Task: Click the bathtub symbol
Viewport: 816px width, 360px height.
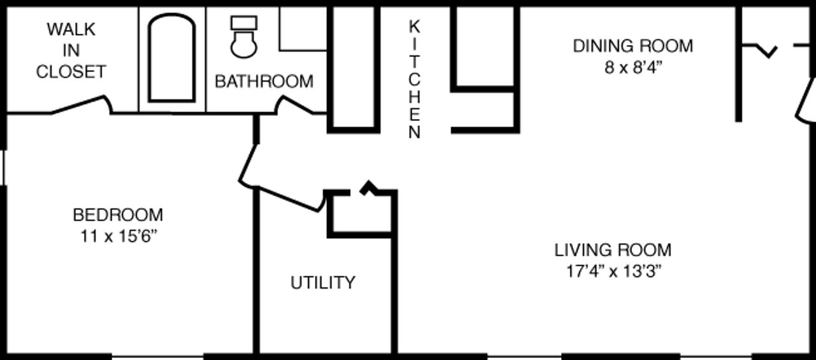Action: pyautogui.click(x=171, y=58)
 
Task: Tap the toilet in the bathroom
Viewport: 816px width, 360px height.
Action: pyautogui.click(x=244, y=37)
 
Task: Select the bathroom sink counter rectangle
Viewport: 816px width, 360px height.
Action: pyautogui.click(x=303, y=29)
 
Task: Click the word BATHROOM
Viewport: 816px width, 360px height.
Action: pyautogui.click(x=264, y=81)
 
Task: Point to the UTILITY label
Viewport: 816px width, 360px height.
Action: pyautogui.click(x=323, y=282)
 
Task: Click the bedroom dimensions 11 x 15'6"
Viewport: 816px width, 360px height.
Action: pyautogui.click(x=119, y=236)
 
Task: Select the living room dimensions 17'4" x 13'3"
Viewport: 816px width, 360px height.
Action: pyautogui.click(x=613, y=271)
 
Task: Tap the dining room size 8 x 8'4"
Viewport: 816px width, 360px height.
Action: pyautogui.click(x=633, y=68)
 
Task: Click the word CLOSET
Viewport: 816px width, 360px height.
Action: pyautogui.click(x=71, y=72)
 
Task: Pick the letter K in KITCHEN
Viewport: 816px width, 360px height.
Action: pyautogui.click(x=414, y=26)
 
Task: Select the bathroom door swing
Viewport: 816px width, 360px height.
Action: pyautogui.click(x=294, y=105)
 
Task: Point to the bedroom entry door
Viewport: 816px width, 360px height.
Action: pyautogui.click(x=248, y=166)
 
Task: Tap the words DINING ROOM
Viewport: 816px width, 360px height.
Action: pyautogui.click(x=633, y=47)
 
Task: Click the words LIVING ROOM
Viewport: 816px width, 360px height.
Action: pyautogui.click(x=613, y=250)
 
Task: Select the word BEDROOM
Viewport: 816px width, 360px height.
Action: pyautogui.click(x=118, y=215)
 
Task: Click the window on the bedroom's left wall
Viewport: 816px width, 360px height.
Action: pyautogui.click(x=3, y=168)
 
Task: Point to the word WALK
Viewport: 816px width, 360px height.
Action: pyautogui.click(x=71, y=29)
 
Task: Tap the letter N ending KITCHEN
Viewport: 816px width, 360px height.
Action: pyautogui.click(x=414, y=132)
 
